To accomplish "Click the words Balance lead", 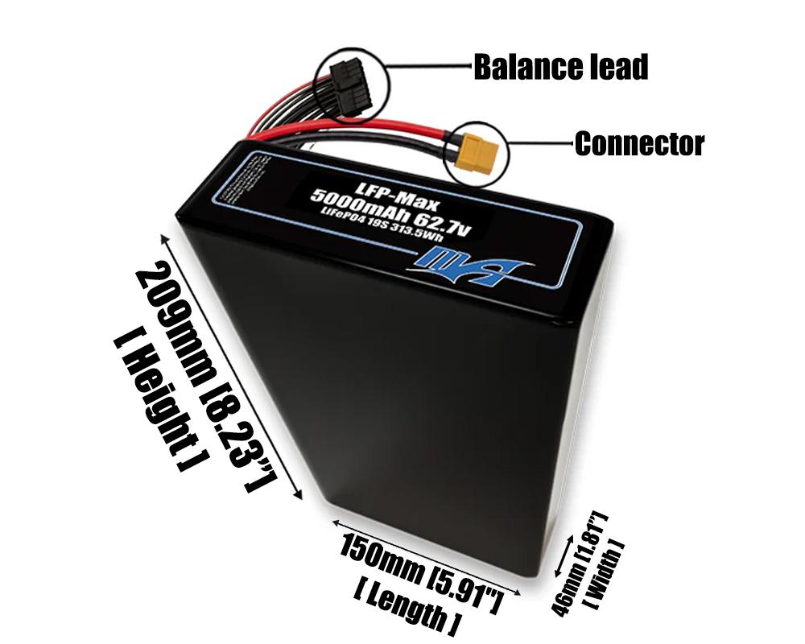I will point(560,67).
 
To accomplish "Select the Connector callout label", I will point(638,144).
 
